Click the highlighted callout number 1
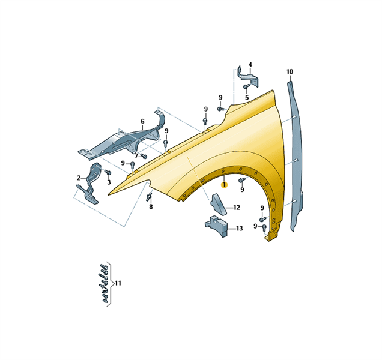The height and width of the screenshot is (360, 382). point(224,185)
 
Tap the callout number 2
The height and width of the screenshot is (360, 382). point(79,178)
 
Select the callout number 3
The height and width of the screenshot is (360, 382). point(109,182)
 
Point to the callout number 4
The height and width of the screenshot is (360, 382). point(250,65)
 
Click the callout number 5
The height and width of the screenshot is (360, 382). point(247,98)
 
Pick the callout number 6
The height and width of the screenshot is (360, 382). point(142,121)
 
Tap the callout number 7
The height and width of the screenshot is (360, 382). point(136,156)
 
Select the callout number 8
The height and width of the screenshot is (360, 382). point(151,207)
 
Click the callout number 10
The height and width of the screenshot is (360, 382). point(290,72)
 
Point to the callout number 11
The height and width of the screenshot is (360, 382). point(118,283)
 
